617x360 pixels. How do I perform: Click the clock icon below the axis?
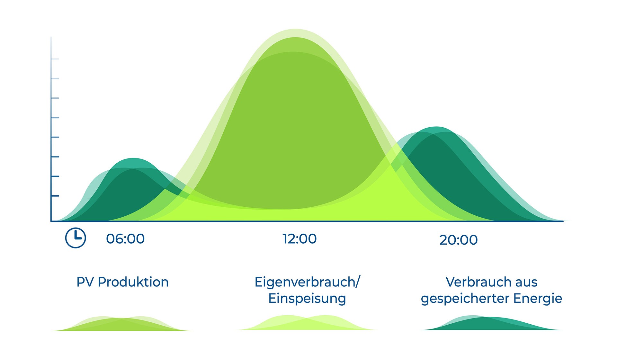[76, 238]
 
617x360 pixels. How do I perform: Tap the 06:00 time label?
[125, 239]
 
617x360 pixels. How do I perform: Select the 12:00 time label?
[300, 239]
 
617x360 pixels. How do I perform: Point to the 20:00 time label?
[458, 240]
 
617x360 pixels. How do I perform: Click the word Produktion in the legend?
[133, 282]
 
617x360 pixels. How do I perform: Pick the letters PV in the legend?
[85, 282]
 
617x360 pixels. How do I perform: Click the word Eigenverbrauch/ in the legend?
[307, 282]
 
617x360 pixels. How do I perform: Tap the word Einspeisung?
[307, 298]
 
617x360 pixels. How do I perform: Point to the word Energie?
[538, 298]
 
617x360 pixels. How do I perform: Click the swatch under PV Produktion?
[122, 325]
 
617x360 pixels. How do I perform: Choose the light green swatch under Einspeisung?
[307, 323]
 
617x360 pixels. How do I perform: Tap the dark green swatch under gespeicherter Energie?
[492, 324]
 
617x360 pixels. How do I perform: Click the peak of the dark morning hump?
[133, 159]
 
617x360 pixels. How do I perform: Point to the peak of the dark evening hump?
[436, 127]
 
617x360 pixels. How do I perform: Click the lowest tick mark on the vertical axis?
[55, 196]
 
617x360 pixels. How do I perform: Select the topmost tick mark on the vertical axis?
[55, 59]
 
